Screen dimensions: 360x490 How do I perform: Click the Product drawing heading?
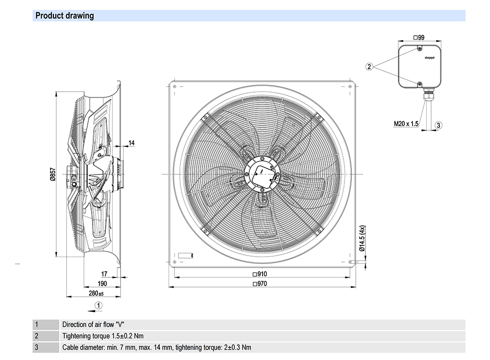coord(65,16)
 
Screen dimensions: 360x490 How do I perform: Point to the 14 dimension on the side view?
coord(131,143)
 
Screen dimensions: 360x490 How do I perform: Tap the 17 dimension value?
coord(104,274)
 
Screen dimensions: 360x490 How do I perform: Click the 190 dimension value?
coord(101,284)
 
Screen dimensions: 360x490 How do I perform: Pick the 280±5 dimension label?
coord(96,293)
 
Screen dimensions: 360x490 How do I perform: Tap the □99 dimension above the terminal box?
coord(418,37)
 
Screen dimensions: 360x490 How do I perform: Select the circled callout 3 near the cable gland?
coord(439,125)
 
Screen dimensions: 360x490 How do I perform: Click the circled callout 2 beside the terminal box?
coord(370,66)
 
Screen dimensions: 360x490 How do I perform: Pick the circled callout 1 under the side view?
coord(98,305)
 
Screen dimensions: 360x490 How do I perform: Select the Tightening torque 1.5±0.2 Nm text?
coord(103,336)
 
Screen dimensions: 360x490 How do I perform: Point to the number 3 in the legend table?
coord(36,347)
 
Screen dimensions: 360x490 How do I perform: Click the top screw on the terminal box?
coord(420,48)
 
